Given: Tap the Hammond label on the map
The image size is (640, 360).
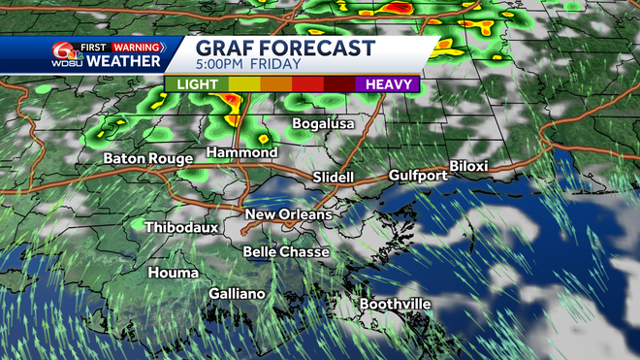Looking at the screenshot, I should pyautogui.click(x=241, y=153).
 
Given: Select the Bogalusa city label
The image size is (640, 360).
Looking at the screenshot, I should pyautogui.click(x=324, y=124).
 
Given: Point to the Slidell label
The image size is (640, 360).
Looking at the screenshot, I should pyautogui.click(x=334, y=178).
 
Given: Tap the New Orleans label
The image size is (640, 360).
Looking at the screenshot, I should pyautogui.click(x=288, y=214).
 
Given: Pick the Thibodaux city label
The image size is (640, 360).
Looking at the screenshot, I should pyautogui.click(x=182, y=227).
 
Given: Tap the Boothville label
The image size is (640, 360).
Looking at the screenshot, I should pyautogui.click(x=395, y=305).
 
